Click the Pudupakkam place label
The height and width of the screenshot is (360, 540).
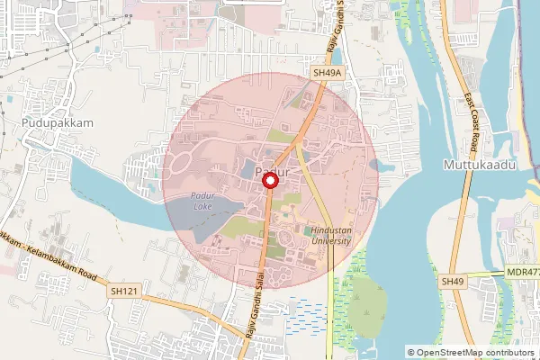point(51,120)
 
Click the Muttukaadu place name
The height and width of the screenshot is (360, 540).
point(478,166)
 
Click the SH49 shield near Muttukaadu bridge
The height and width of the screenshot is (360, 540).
point(453,283)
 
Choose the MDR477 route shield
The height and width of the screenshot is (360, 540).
point(522,272)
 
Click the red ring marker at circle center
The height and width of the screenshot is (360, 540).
point(269,182)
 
